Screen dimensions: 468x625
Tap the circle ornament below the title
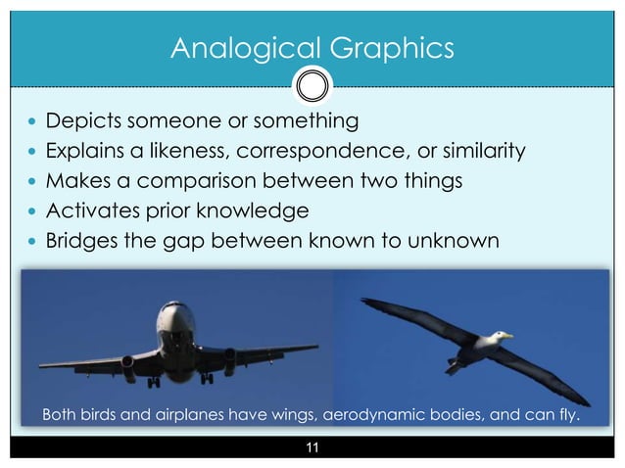click(312, 86)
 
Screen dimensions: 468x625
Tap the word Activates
click(94, 211)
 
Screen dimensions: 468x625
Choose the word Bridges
click(86, 240)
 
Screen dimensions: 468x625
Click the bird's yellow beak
click(506, 336)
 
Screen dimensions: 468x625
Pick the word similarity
click(484, 152)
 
